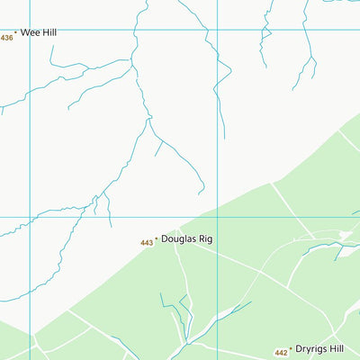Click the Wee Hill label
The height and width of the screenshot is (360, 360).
click(39, 32)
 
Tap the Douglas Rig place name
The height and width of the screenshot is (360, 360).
click(186, 239)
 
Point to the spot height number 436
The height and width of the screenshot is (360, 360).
click(7, 37)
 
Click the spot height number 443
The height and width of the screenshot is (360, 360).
click(147, 243)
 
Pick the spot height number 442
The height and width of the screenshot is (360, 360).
click(281, 353)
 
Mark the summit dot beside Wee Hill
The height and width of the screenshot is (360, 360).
click(15, 32)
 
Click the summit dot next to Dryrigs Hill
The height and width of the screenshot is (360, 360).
click(290, 348)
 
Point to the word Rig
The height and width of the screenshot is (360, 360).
click(206, 240)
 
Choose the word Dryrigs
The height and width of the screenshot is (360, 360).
click(310, 348)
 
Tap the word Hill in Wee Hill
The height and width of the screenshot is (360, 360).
click(49, 32)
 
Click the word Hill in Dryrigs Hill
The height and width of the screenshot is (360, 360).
click(337, 348)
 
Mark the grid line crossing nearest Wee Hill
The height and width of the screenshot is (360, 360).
click(30, 30)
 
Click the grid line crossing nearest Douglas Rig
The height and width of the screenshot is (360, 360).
click(217, 217)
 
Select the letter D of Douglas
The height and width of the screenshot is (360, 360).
click(165, 239)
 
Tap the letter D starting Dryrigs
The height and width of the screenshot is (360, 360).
click(298, 348)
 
